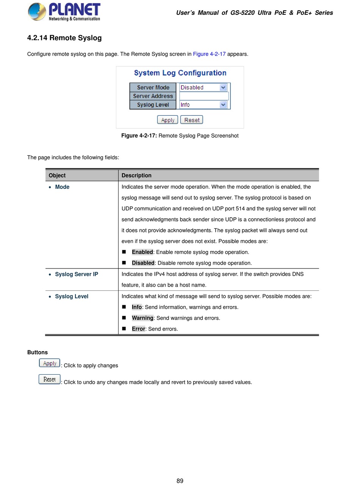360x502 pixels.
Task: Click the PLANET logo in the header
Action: (x=64, y=12)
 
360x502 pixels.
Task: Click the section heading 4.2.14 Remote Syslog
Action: (x=64, y=38)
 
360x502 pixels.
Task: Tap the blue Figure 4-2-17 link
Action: (x=209, y=54)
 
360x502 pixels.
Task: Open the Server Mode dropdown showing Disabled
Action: (x=203, y=88)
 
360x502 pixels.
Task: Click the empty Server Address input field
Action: (x=204, y=96)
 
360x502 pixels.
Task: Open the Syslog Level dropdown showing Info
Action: (x=203, y=105)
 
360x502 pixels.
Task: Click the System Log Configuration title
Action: (x=180, y=73)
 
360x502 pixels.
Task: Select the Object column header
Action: (x=57, y=176)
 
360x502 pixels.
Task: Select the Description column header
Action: (x=136, y=176)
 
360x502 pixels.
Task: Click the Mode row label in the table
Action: (x=62, y=187)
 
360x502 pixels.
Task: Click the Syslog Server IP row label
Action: (x=77, y=274)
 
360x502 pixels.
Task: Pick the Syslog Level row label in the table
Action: (x=72, y=296)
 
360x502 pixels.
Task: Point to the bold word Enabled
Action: (x=142, y=252)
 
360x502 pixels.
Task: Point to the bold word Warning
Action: (x=142, y=318)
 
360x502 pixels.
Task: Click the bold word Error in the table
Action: (x=138, y=329)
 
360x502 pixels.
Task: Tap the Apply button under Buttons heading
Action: (x=50, y=363)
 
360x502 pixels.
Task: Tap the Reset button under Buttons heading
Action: (x=50, y=380)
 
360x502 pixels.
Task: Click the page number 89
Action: (x=180, y=481)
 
